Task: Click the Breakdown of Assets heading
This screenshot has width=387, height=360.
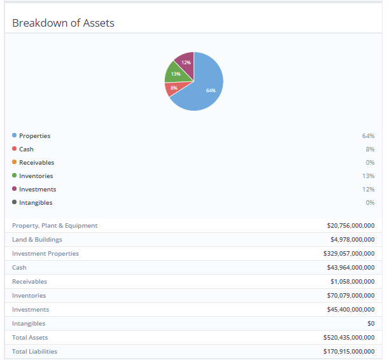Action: click(63, 23)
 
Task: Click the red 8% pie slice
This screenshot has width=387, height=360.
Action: click(173, 88)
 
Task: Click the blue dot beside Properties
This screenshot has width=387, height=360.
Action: click(15, 135)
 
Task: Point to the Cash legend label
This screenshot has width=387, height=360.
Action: click(26, 149)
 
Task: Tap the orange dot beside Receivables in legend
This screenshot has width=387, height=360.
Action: click(15, 162)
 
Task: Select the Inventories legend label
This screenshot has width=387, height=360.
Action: click(36, 176)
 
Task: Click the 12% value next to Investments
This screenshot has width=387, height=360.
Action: click(369, 189)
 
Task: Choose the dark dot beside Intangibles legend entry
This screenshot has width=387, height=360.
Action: click(15, 202)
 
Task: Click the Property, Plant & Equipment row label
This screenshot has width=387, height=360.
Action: click(55, 225)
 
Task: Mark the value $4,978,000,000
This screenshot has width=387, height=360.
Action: click(352, 239)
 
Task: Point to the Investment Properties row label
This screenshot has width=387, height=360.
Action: click(45, 253)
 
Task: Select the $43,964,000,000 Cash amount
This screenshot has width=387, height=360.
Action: click(350, 267)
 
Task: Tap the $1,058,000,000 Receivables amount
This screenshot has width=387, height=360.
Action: click(352, 281)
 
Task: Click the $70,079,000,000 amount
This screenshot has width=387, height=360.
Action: click(350, 295)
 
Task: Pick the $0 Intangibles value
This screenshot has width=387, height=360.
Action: click(370, 323)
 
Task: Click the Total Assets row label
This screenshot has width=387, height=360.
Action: click(30, 337)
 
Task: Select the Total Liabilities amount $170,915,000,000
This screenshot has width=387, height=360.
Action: click(349, 351)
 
